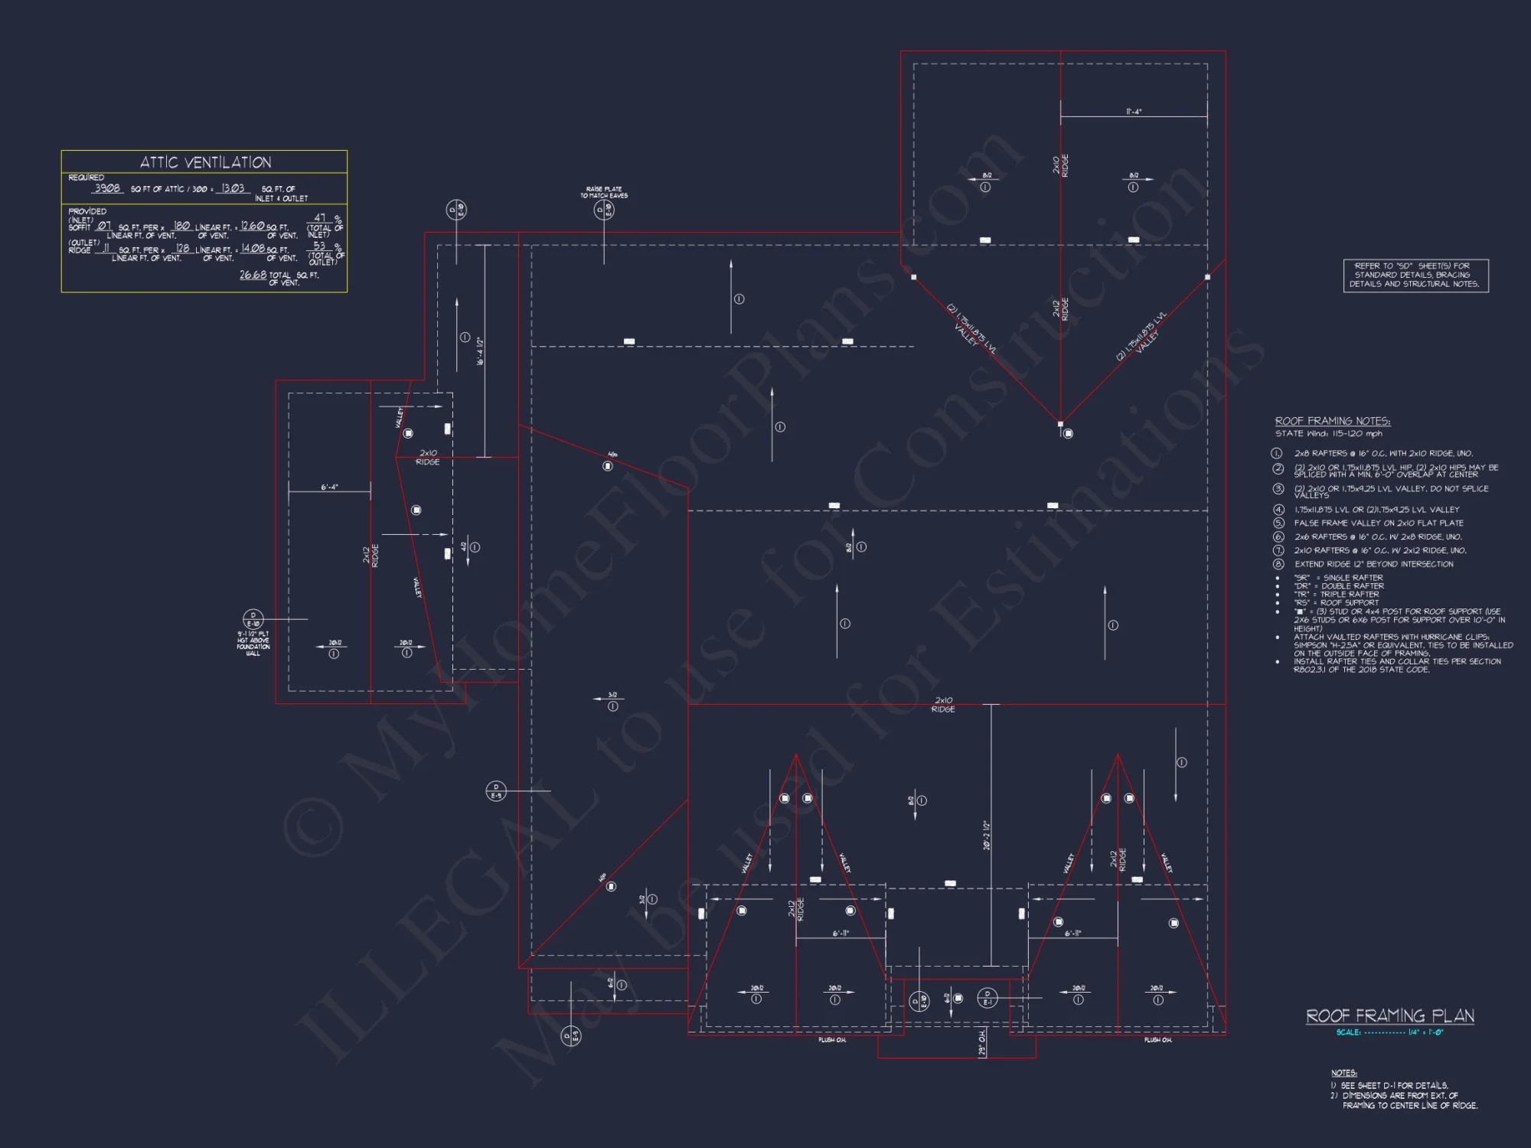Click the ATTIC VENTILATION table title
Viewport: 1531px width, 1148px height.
[205, 162]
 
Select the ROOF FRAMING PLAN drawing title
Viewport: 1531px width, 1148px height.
[1389, 1016]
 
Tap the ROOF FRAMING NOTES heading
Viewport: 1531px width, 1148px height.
[1333, 421]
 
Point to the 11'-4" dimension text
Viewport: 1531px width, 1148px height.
[1134, 112]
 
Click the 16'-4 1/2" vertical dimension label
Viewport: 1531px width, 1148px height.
[480, 351]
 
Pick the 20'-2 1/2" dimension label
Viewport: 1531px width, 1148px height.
[987, 835]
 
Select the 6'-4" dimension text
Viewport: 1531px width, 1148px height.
[329, 487]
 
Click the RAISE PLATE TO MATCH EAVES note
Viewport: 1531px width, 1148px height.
[604, 192]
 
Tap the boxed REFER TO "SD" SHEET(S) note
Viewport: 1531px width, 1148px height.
[1415, 275]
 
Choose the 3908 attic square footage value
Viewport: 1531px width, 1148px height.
[107, 188]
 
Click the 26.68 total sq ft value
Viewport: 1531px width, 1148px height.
[253, 275]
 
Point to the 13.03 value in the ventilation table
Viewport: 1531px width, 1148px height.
[233, 188]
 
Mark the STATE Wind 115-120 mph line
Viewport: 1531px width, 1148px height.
[1329, 434]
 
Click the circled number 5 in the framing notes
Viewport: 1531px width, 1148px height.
[1278, 523]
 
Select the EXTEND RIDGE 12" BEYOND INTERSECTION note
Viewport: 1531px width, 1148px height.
[1373, 564]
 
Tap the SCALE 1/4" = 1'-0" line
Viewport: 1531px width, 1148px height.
[1389, 1032]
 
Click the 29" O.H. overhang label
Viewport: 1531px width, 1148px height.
[982, 1043]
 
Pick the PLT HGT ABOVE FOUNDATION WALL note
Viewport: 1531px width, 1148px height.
[253, 644]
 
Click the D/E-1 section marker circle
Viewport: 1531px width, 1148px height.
[987, 998]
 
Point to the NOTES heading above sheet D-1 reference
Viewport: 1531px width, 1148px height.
[1343, 1073]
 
